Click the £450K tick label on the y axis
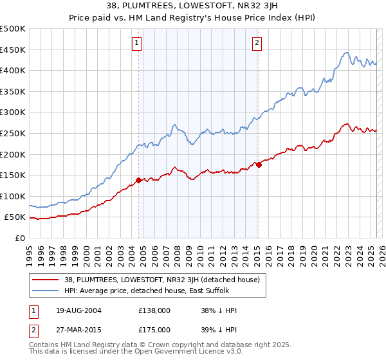(x=14, y=50)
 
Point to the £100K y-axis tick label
(x=14, y=196)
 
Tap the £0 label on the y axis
(x=21, y=238)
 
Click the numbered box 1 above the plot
(x=137, y=43)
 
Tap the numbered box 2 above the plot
(x=257, y=43)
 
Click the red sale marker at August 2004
(x=139, y=180)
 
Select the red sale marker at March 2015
(x=259, y=165)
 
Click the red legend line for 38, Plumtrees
(x=46, y=280)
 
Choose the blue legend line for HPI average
(x=46, y=291)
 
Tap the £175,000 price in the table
(x=154, y=329)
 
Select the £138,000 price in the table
(x=154, y=310)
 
